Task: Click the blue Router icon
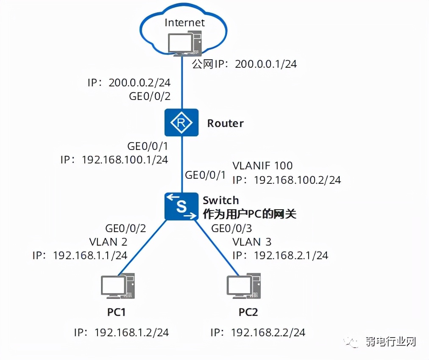coord(181,123)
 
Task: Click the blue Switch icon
coord(181,206)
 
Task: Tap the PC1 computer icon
coord(117,287)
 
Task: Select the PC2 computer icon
coord(243,287)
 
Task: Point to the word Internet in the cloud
coord(184,22)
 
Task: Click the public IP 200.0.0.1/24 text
coord(244,64)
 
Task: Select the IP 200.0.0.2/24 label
coord(129,82)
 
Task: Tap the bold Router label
coord(225,123)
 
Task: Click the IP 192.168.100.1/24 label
coord(114,160)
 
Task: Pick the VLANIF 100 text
coord(263,165)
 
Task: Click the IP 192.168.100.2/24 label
coord(287,180)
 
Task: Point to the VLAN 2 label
coord(108,242)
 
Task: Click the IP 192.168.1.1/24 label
coord(80,255)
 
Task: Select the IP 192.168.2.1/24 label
coord(280,255)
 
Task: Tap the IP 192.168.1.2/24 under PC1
coord(121,332)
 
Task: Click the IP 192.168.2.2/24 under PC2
coord(258,332)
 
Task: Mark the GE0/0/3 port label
coord(231,229)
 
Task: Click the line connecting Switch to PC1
coord(142,248)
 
